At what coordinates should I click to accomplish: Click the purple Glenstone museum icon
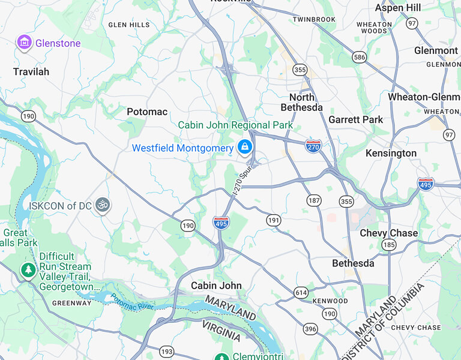click(x=24, y=43)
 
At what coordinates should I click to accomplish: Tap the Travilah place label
click(x=31, y=72)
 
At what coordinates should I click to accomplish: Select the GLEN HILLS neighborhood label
click(x=129, y=25)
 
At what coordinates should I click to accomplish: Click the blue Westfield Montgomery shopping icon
click(x=244, y=146)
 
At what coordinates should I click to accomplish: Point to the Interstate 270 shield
click(x=313, y=146)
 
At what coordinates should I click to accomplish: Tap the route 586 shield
click(x=360, y=57)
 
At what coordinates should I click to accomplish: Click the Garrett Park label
click(x=355, y=119)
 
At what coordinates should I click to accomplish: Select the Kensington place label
click(x=391, y=153)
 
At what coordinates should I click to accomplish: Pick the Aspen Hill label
click(x=397, y=8)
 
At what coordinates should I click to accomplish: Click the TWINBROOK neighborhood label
click(x=314, y=20)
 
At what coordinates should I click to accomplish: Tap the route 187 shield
click(x=313, y=200)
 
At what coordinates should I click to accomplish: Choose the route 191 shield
click(x=274, y=220)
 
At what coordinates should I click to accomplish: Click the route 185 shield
click(x=389, y=244)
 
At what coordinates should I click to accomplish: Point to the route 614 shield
click(x=301, y=292)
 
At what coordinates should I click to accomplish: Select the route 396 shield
click(x=310, y=328)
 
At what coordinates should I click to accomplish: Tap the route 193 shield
click(x=167, y=351)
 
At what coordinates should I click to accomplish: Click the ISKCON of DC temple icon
click(x=103, y=205)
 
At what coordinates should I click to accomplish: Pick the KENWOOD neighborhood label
click(x=330, y=301)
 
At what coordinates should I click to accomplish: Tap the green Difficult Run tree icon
click(x=28, y=271)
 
